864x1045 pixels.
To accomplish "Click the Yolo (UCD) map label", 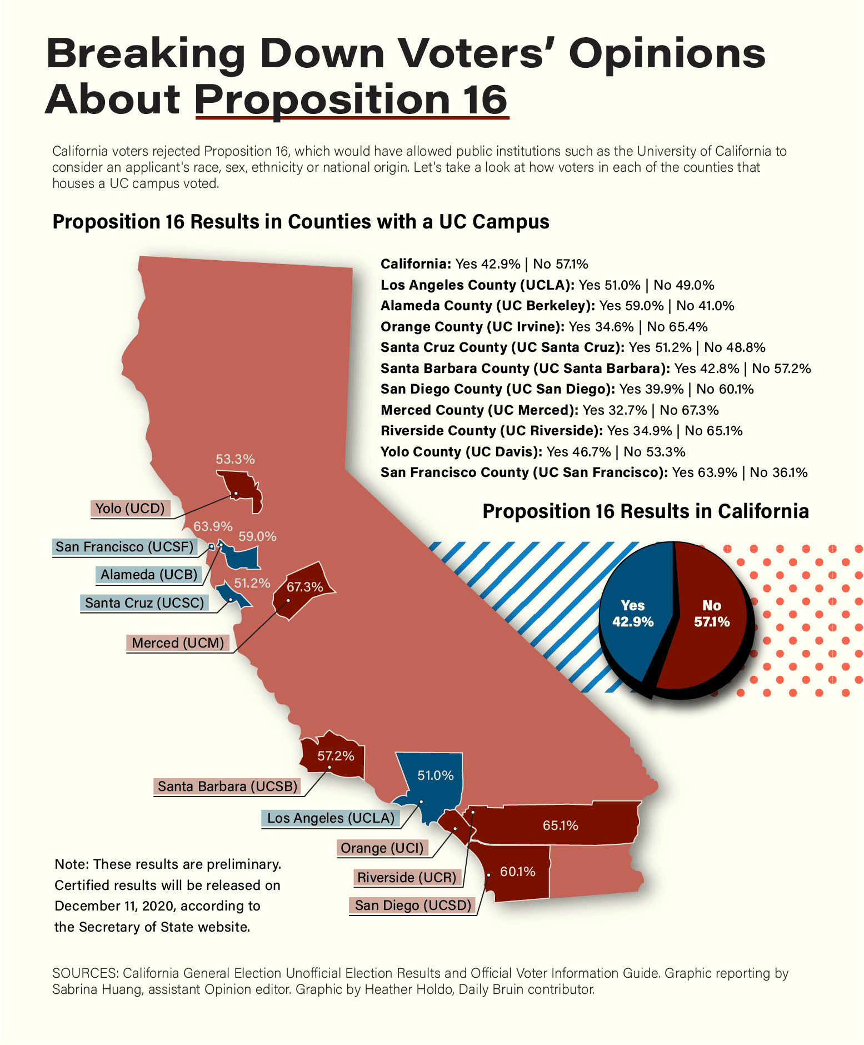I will [130, 508].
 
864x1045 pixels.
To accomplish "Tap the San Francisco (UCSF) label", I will [124, 546].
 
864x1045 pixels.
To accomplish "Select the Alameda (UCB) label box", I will [149, 574].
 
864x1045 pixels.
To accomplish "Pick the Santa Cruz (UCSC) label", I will [144, 603].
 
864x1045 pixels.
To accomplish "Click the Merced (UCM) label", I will [178, 643].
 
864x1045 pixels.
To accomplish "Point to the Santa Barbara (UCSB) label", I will [227, 786].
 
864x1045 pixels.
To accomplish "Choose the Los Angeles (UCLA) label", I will [331, 818].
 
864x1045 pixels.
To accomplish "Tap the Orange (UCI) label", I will [382, 848].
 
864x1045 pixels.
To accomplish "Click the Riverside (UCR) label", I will [407, 877].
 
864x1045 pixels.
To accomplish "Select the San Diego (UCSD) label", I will [413, 905].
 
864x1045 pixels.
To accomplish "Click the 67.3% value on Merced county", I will [304, 587].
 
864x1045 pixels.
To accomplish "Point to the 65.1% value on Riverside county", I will [560, 825].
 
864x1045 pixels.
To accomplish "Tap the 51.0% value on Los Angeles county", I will [436, 775].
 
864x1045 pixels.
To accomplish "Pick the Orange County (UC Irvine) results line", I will [544, 326].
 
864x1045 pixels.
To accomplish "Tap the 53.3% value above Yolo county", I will [235, 459].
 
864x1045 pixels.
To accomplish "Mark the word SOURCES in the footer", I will [84, 973].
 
